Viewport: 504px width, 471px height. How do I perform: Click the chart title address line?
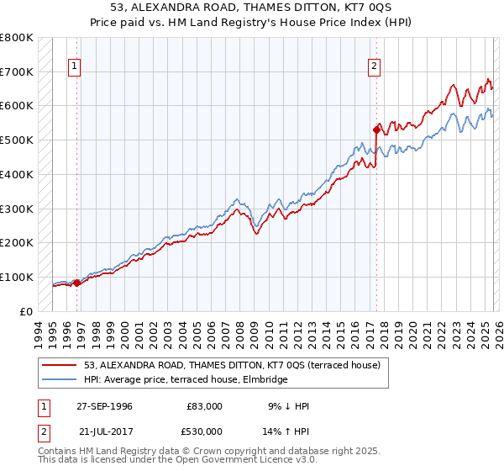pyautogui.click(x=251, y=8)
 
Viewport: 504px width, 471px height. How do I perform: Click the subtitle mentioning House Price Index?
pyautogui.click(x=251, y=23)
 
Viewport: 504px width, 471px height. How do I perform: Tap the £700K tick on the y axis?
pyautogui.click(x=17, y=71)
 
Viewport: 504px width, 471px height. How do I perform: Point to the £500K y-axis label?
pyautogui.click(x=17, y=140)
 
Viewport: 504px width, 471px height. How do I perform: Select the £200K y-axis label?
pyautogui.click(x=17, y=242)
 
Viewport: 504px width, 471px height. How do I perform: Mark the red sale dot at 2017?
pyautogui.click(x=376, y=130)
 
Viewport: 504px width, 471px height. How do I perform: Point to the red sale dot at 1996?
pyautogui.click(x=77, y=283)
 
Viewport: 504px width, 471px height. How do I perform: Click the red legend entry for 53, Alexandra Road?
pyautogui.click(x=232, y=365)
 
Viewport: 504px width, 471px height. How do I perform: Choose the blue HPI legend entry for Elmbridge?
pyautogui.click(x=185, y=379)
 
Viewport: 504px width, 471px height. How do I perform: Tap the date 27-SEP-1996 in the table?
pyautogui.click(x=104, y=406)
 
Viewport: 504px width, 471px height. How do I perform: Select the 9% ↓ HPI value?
pyautogui.click(x=288, y=406)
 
